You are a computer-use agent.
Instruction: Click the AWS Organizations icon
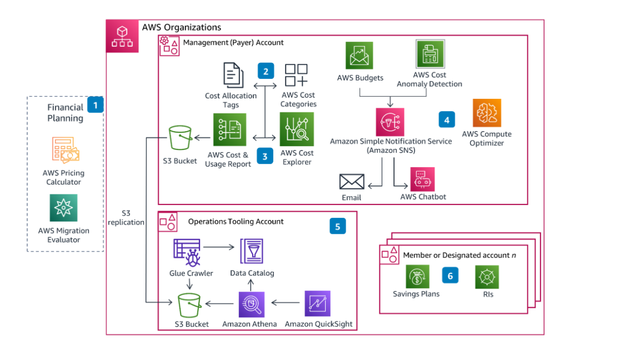coord(122,36)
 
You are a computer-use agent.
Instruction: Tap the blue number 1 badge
coord(96,104)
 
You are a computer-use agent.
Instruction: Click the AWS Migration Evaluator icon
coord(63,208)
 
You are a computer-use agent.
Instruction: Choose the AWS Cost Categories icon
coord(297,77)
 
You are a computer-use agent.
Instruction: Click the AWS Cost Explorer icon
coord(297,129)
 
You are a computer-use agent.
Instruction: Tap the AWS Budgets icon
coord(359,56)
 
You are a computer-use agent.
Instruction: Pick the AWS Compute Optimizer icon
coord(487,113)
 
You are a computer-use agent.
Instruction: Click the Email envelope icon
coord(352,182)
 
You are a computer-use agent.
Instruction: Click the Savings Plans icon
coord(416,277)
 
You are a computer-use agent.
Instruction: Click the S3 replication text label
coord(126,218)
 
